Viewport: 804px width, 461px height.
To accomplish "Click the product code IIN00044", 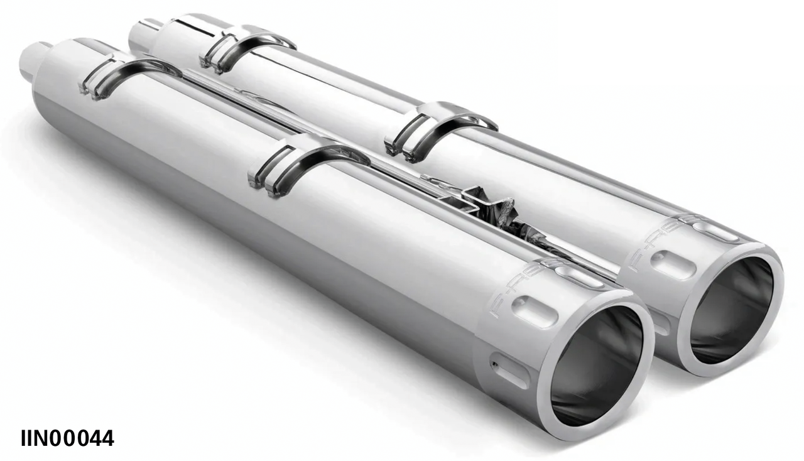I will (67, 438).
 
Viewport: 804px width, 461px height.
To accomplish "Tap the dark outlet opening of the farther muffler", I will (732, 310).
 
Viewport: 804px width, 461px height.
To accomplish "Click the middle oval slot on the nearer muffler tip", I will (535, 310).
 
